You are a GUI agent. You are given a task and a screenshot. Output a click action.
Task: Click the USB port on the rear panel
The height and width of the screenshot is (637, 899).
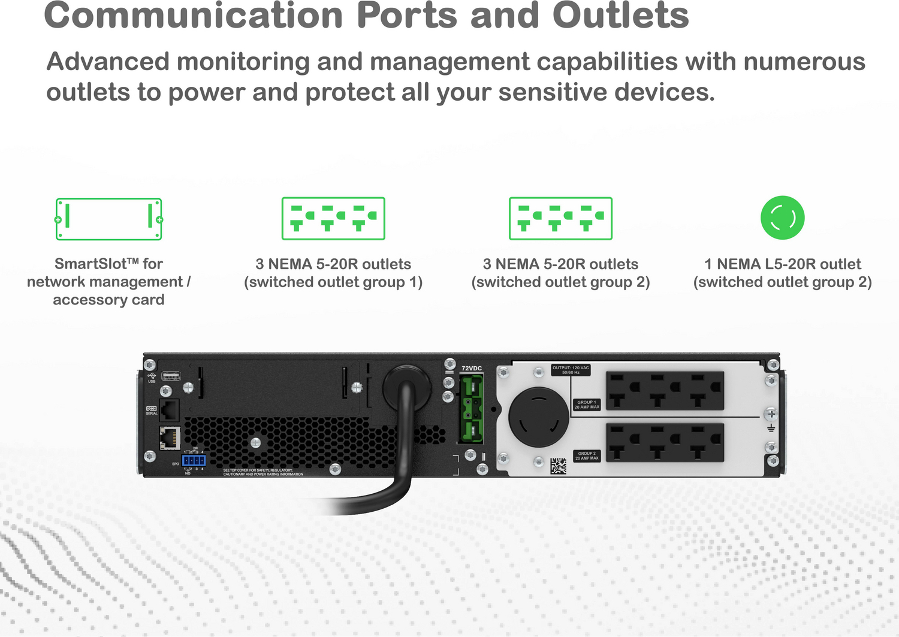coord(171,376)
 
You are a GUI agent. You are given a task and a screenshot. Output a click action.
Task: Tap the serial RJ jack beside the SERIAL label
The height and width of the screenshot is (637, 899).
coord(170,410)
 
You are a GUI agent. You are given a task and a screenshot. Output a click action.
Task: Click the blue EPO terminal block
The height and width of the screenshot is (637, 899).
coord(194,460)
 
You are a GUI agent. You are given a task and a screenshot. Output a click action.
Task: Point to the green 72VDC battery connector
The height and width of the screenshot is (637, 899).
coord(472,408)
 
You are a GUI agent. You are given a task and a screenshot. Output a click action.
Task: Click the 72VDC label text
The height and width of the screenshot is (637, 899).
coord(472,369)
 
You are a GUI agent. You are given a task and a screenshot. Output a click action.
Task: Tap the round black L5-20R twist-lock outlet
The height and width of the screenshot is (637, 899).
coord(538,417)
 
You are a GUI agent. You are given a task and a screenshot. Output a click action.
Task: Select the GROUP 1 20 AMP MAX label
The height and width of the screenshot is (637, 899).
coord(587,404)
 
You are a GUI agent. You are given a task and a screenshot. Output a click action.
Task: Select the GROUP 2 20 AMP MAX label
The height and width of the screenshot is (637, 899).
coord(587,456)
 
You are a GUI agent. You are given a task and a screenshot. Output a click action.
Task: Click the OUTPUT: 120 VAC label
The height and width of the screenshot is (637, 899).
coord(571,370)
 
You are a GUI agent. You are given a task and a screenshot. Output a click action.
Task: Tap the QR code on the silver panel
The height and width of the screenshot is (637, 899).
coord(558,466)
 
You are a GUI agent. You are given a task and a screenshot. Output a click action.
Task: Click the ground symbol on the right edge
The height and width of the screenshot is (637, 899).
coord(771,428)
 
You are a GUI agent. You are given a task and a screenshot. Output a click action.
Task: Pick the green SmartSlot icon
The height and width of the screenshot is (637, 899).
coord(108,219)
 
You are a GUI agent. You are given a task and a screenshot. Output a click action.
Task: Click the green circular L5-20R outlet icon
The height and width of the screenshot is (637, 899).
coord(782,218)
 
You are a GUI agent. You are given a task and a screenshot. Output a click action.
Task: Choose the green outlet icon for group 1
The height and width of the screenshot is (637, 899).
coord(333,219)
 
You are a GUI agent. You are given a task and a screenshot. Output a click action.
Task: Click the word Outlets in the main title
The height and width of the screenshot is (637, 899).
coord(620,16)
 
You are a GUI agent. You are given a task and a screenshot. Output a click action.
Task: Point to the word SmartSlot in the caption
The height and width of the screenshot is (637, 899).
coord(90,264)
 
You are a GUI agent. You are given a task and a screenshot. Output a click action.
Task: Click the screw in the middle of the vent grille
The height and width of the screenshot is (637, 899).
coord(255,443)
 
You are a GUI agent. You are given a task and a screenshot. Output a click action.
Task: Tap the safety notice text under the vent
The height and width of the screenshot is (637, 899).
coord(263,472)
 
